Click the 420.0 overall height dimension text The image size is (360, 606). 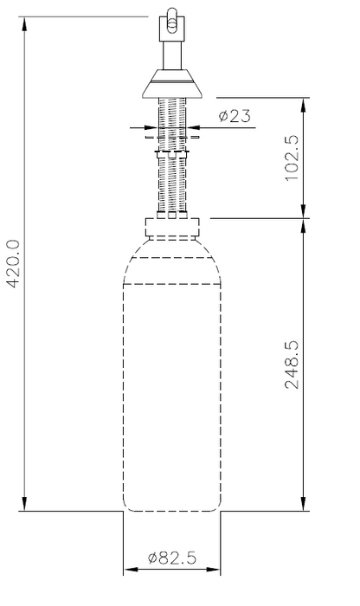(13, 263)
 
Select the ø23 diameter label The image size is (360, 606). (235, 116)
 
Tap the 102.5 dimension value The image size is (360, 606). (292, 158)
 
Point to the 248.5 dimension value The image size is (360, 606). (292, 364)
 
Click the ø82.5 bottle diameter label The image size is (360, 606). (172, 558)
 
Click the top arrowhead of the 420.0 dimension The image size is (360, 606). (25, 24)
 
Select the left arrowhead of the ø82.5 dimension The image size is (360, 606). (131, 570)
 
